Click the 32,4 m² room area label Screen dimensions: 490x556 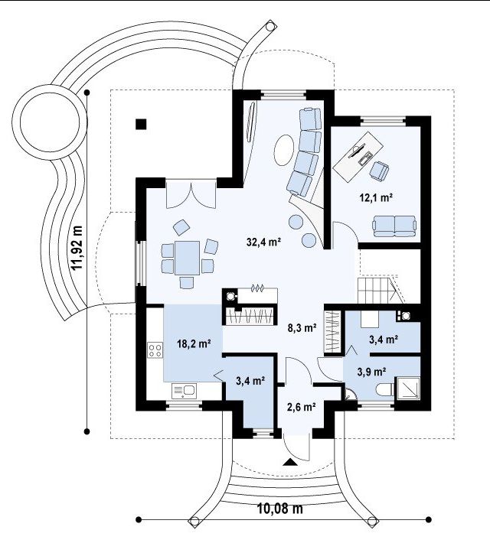tap(264, 242)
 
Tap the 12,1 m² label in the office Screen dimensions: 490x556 tap(376, 197)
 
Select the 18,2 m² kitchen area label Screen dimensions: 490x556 tap(194, 343)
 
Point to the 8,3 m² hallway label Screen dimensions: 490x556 tap(302, 327)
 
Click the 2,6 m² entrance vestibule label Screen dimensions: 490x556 tap(302, 406)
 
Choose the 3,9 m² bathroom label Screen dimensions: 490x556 tap(372, 372)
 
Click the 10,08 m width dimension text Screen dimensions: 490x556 tap(280, 509)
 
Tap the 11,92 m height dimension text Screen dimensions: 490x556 tap(77, 248)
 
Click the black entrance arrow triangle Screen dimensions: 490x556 tap(290, 462)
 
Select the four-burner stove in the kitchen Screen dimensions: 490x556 tap(155, 350)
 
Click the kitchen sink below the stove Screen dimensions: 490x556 tap(185, 391)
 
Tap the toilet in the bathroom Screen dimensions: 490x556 tap(385, 389)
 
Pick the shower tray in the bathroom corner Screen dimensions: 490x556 tap(408, 389)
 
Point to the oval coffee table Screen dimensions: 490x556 tap(284, 150)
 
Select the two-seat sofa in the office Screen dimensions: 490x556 tap(394, 226)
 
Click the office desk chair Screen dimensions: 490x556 tap(379, 170)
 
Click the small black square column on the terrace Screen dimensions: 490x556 tap(142, 124)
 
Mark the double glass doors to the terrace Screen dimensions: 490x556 tap(191, 194)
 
